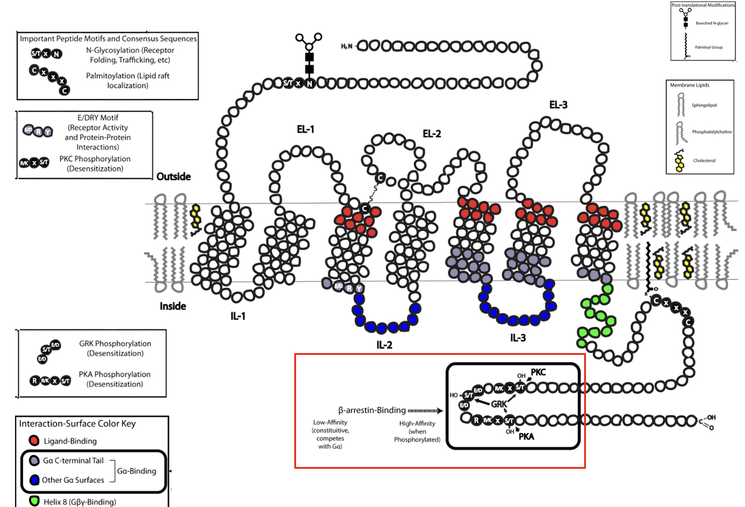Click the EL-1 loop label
pos(306,130)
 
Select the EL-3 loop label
pos(558,105)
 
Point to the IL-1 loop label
pos(237,315)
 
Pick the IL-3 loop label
pos(518,338)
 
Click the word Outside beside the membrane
pos(173,177)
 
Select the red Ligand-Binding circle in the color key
pos(33,441)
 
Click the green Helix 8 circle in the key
pos(33,501)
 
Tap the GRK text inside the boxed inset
pos(500,404)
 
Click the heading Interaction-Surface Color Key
pos(78,424)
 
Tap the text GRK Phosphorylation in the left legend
pos(115,344)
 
